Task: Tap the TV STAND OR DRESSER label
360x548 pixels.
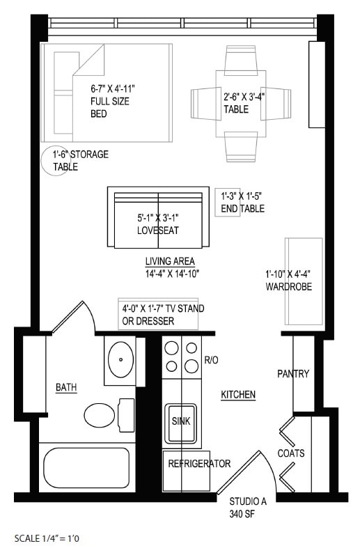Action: pyautogui.click(x=157, y=315)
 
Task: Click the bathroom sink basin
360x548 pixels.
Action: pyautogui.click(x=122, y=359)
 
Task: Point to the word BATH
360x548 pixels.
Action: pyautogui.click(x=66, y=387)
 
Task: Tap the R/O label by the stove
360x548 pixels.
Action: pyautogui.click(x=212, y=360)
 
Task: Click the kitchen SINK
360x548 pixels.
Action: pyautogui.click(x=181, y=421)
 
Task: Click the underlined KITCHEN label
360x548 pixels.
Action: pyautogui.click(x=238, y=395)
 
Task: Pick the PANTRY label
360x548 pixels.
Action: pyautogui.click(x=293, y=374)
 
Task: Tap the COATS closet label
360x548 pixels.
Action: pyautogui.click(x=291, y=453)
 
